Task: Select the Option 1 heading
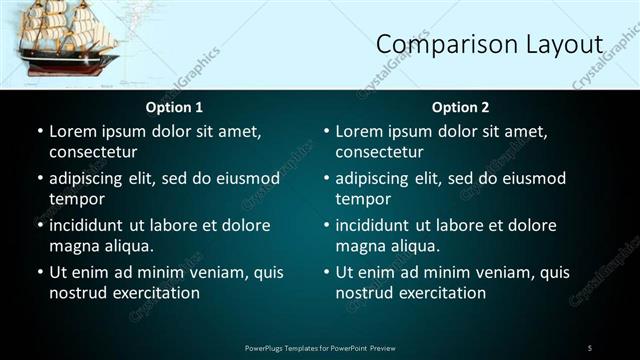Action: [x=174, y=107]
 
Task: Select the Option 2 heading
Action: [x=460, y=107]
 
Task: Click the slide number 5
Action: [x=589, y=347]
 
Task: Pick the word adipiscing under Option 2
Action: [x=377, y=179]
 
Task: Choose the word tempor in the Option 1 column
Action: [x=72, y=199]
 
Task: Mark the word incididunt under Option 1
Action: [x=91, y=225]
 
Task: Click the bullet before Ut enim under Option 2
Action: [x=327, y=272]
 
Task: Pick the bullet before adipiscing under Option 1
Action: [x=40, y=179]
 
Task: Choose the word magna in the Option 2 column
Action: [x=360, y=246]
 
